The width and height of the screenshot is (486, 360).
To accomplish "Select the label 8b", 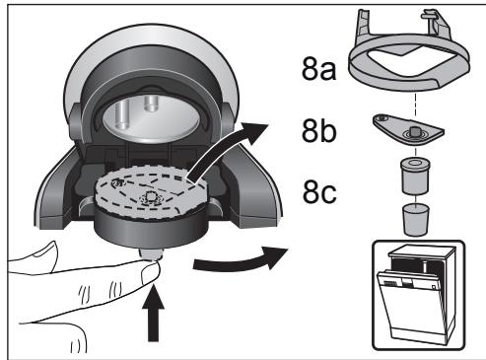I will click(x=323, y=131).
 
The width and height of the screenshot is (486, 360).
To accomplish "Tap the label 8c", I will click(x=323, y=189).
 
